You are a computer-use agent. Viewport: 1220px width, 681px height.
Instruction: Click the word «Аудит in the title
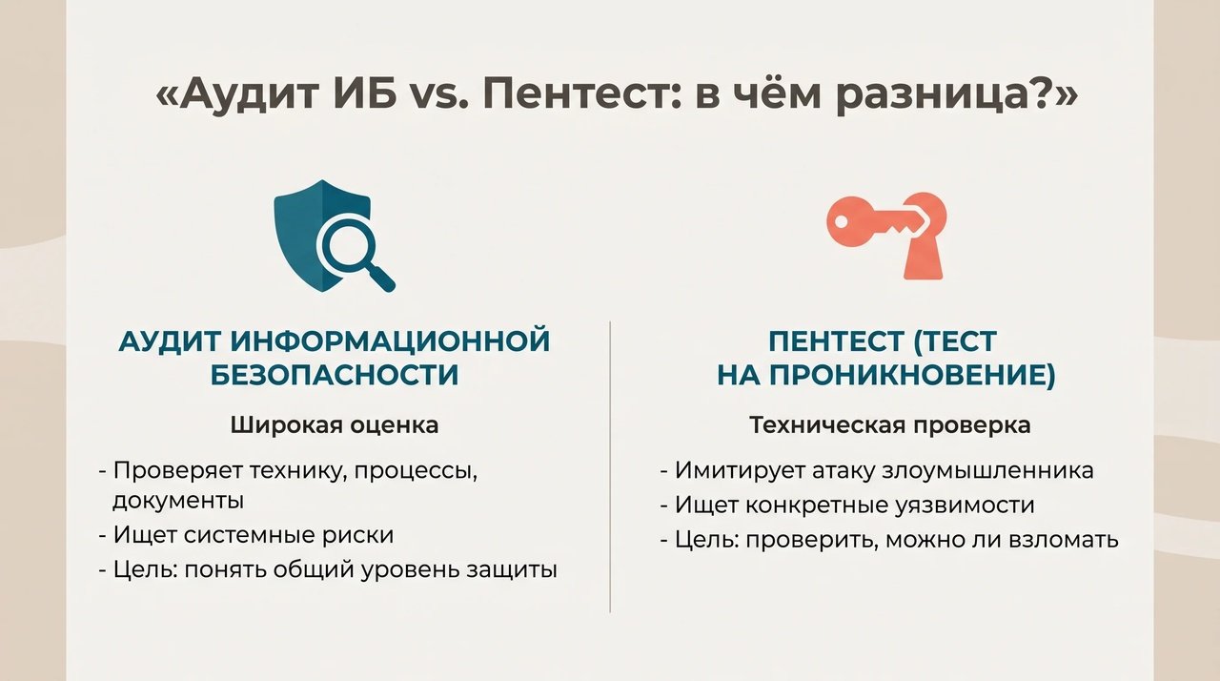pos(237,94)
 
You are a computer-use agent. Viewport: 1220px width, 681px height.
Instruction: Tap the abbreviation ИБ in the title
pos(370,93)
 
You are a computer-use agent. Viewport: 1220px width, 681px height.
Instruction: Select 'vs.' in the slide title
pos(439,96)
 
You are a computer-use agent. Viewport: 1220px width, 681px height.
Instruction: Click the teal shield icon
pos(323,236)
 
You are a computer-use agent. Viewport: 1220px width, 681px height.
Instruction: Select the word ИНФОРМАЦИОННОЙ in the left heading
pos(390,341)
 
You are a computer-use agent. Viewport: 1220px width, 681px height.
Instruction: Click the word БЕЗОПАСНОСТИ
pos(335,376)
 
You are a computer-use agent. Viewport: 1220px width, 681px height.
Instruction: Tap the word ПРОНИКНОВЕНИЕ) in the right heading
pos(913,376)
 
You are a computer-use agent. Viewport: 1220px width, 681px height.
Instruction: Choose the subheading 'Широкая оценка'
pos(335,425)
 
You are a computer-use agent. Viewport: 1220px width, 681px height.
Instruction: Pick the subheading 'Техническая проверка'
pos(890,425)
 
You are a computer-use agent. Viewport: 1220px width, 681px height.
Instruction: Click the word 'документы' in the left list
pos(178,501)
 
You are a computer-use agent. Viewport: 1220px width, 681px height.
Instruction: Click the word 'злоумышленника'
pos(987,471)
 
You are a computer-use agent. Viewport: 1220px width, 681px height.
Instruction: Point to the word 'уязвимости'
pos(966,506)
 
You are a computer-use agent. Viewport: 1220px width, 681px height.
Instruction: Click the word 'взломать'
pos(1064,539)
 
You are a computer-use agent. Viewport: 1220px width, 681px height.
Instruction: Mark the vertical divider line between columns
pos(610,467)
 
